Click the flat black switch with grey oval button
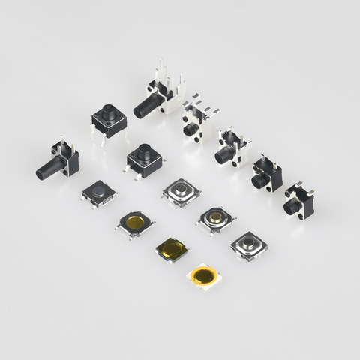(98, 193)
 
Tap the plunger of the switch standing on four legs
(109, 113)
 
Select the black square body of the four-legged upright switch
(109, 121)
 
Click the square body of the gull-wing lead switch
(145, 160)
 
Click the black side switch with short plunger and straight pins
(266, 177)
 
